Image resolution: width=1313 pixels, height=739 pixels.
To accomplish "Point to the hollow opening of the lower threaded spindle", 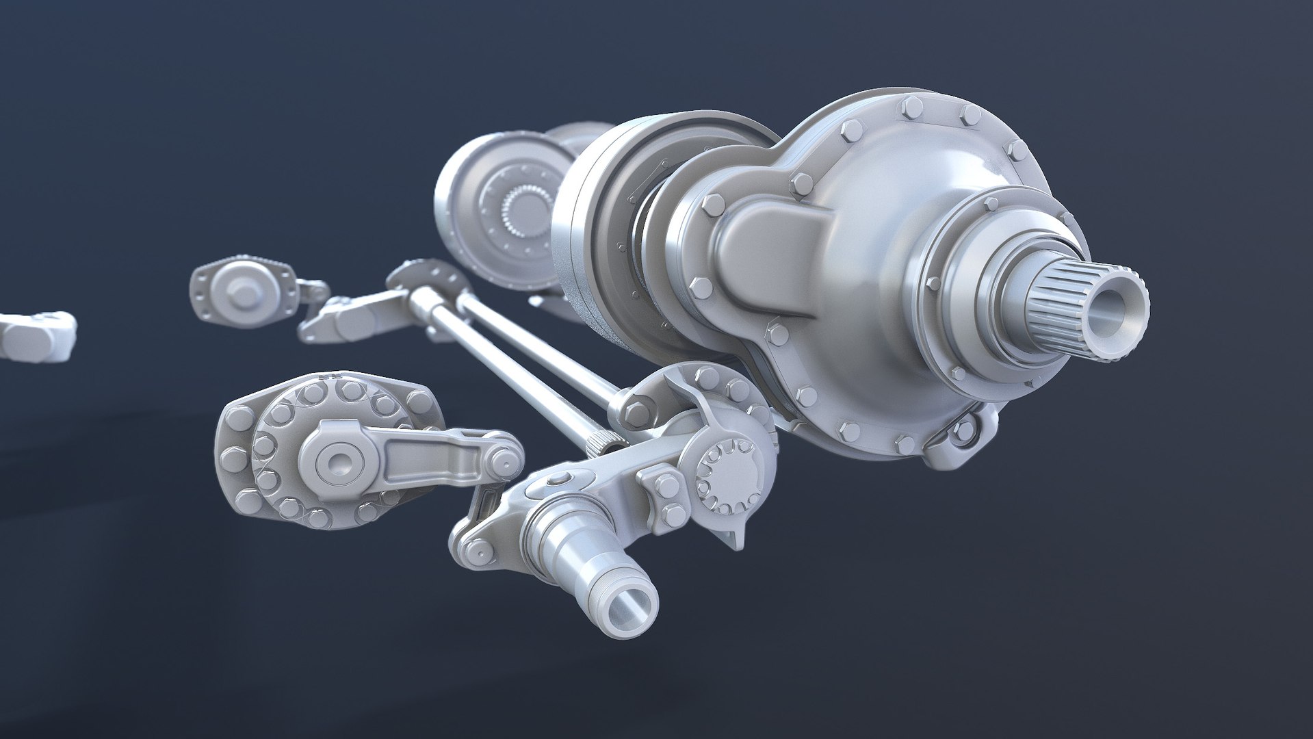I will [628, 605].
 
